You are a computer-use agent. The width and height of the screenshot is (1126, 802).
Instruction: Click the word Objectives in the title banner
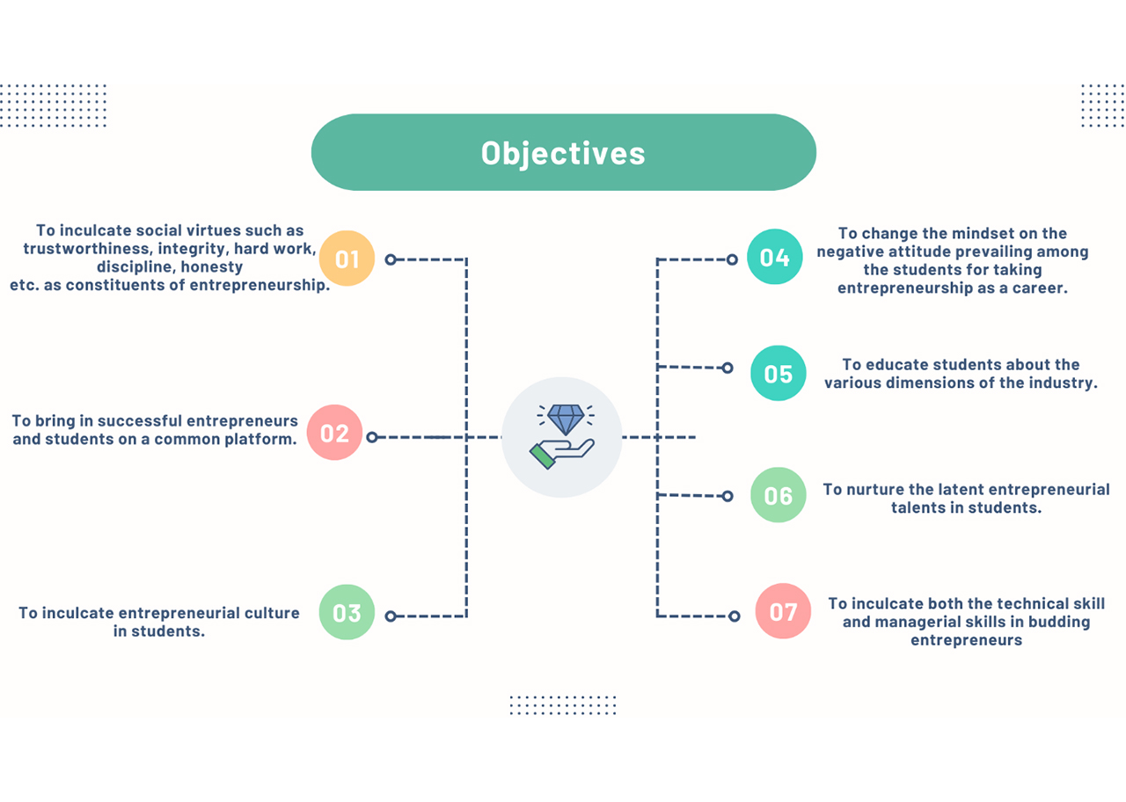pos(563,153)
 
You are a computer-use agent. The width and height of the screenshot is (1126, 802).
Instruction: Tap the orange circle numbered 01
pos(347,259)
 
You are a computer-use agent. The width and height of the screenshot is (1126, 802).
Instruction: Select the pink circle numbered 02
pos(335,432)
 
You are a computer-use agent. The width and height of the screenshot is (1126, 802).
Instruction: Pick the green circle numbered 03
pos(347,612)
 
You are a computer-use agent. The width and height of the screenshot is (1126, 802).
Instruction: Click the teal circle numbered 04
pos(775,257)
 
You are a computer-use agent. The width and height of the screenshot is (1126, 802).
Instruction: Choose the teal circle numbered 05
pos(779,373)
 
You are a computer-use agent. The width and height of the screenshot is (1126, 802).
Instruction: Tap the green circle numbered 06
pos(779,495)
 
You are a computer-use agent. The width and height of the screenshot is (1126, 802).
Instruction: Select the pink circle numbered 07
pos(783,611)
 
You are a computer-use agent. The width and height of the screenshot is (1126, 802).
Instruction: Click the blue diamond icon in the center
pos(566,418)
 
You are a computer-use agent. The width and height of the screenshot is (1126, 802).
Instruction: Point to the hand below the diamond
pos(561,453)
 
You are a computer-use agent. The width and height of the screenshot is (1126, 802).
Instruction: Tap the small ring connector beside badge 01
pos(391,259)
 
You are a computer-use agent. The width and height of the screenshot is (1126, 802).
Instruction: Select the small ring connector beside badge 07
pos(734,616)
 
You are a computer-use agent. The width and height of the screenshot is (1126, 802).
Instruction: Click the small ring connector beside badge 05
pos(728,368)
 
